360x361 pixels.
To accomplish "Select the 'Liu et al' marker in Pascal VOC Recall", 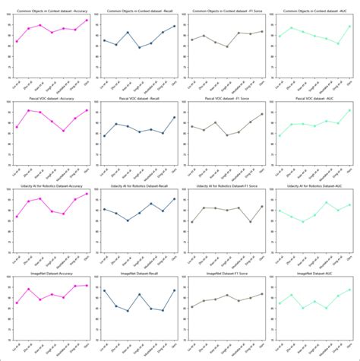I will tap(104, 136).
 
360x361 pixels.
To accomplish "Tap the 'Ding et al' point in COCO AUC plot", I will tap(337, 44).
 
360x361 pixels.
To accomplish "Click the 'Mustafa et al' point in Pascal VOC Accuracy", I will tap(63, 131).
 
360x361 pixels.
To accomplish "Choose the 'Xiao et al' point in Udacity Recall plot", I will tap(128, 220).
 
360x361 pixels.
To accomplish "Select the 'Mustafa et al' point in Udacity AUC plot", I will tap(326, 202).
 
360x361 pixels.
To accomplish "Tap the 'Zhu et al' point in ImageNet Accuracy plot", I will tap(28, 289).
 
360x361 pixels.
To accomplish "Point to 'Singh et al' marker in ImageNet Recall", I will tap(139, 294).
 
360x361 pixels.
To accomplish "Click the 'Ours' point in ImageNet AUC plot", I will tap(349, 290).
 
